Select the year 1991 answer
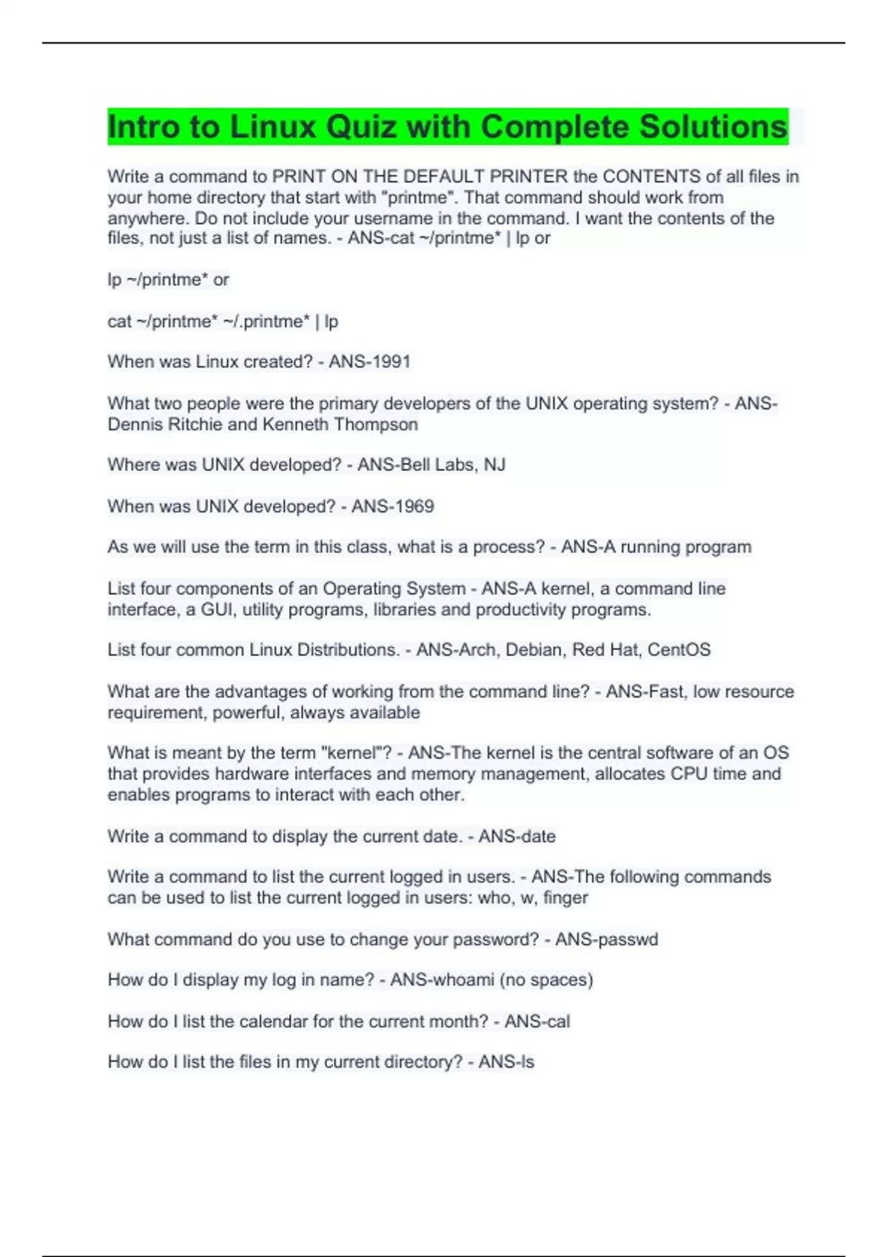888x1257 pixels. [x=391, y=362]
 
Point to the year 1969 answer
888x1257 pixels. [x=414, y=506]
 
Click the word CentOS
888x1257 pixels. [x=679, y=650]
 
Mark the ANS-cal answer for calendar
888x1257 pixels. [x=537, y=1021]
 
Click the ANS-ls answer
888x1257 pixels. [x=506, y=1062]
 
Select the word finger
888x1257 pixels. [x=565, y=898]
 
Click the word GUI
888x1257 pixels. [x=216, y=609]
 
